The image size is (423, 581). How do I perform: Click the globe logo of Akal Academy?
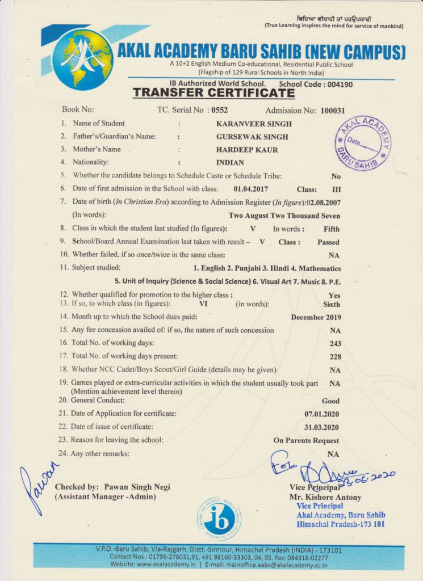pos(82,59)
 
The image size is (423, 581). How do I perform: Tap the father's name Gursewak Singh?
pos(252,137)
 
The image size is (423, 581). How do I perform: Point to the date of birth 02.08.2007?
pos(323,202)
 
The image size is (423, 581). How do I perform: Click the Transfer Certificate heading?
pos(206,92)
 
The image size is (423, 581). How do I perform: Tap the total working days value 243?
pos(335,343)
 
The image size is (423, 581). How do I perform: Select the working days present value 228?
pos(335,356)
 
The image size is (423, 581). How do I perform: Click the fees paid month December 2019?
pos(316,317)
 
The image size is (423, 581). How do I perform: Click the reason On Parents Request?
pos(306,440)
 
